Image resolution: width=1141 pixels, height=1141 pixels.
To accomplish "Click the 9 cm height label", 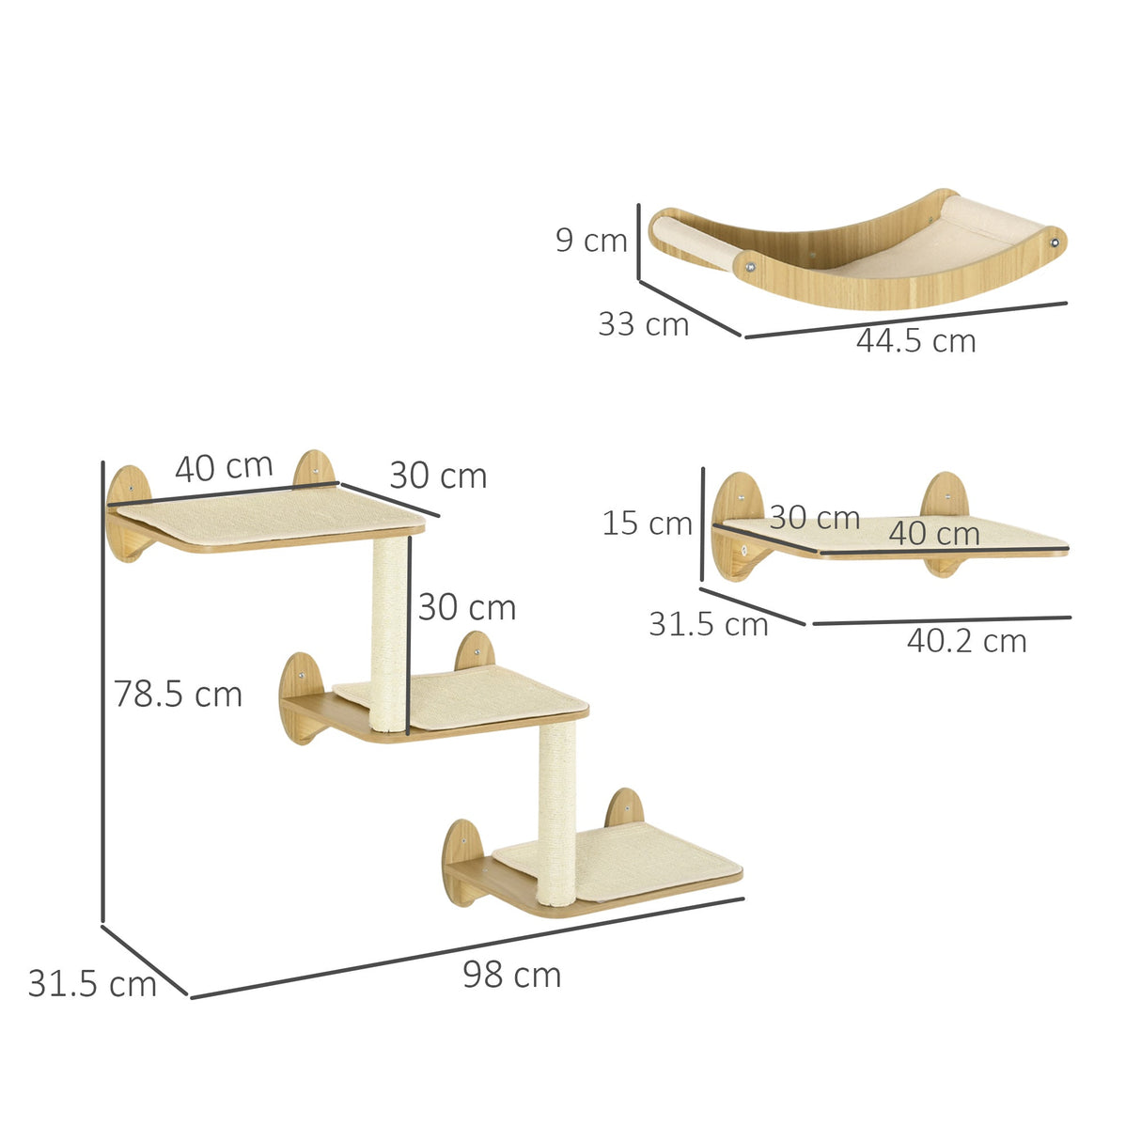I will click(x=590, y=240).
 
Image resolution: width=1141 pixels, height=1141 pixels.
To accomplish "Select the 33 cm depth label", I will click(x=644, y=324).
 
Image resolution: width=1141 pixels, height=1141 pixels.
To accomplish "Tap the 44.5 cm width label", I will click(x=915, y=341).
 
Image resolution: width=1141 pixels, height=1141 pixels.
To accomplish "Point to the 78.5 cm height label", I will click(x=178, y=694).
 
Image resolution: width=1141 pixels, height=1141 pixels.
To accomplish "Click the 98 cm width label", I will click(x=511, y=975).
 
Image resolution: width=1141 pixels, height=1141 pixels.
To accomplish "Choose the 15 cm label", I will click(x=647, y=523).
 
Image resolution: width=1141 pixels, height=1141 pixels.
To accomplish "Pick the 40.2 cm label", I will click(x=966, y=641).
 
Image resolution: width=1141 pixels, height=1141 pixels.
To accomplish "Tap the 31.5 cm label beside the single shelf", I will click(x=708, y=623).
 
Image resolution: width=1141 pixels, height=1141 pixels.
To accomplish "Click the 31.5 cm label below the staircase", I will click(x=91, y=983).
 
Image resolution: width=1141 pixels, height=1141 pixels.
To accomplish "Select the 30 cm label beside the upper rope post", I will click(x=467, y=607).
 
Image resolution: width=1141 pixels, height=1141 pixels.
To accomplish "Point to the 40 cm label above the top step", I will click(x=224, y=467).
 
